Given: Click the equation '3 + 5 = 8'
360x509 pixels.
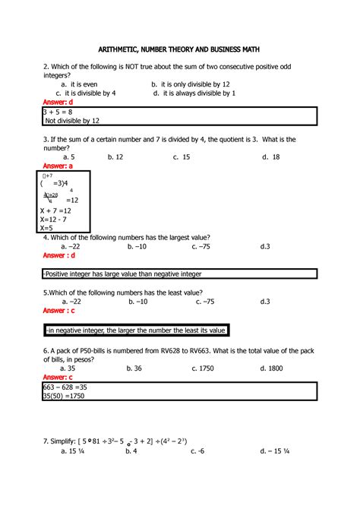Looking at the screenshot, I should tap(61, 112).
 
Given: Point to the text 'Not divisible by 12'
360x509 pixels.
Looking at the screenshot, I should tap(72, 121).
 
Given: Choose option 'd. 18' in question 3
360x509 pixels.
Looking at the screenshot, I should tap(271, 156).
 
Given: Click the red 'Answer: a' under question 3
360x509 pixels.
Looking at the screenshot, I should tap(58, 166).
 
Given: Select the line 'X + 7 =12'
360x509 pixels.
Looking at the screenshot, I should tap(55, 210).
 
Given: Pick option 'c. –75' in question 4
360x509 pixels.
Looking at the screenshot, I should tap(203, 246).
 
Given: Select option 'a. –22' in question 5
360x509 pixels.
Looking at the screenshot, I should tap(70, 302).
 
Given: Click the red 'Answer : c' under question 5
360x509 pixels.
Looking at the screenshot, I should tap(59, 311).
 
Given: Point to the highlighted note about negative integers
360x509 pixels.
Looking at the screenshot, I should tap(136, 330).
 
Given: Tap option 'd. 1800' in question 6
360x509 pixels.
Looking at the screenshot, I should tap(272, 368).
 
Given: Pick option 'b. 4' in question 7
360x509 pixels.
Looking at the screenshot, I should tap(131, 451).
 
